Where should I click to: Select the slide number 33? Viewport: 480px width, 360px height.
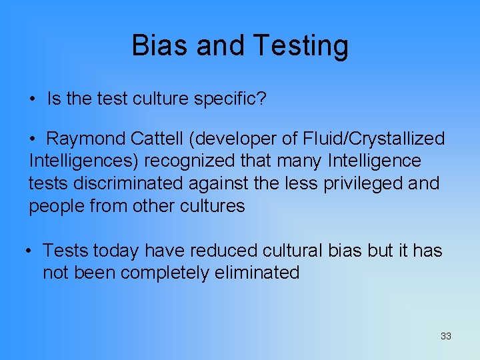[x=445, y=336]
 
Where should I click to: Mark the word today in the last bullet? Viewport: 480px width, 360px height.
[x=116, y=251]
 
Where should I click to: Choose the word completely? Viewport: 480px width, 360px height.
[x=158, y=273]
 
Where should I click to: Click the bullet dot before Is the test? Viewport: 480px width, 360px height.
[x=33, y=100]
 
